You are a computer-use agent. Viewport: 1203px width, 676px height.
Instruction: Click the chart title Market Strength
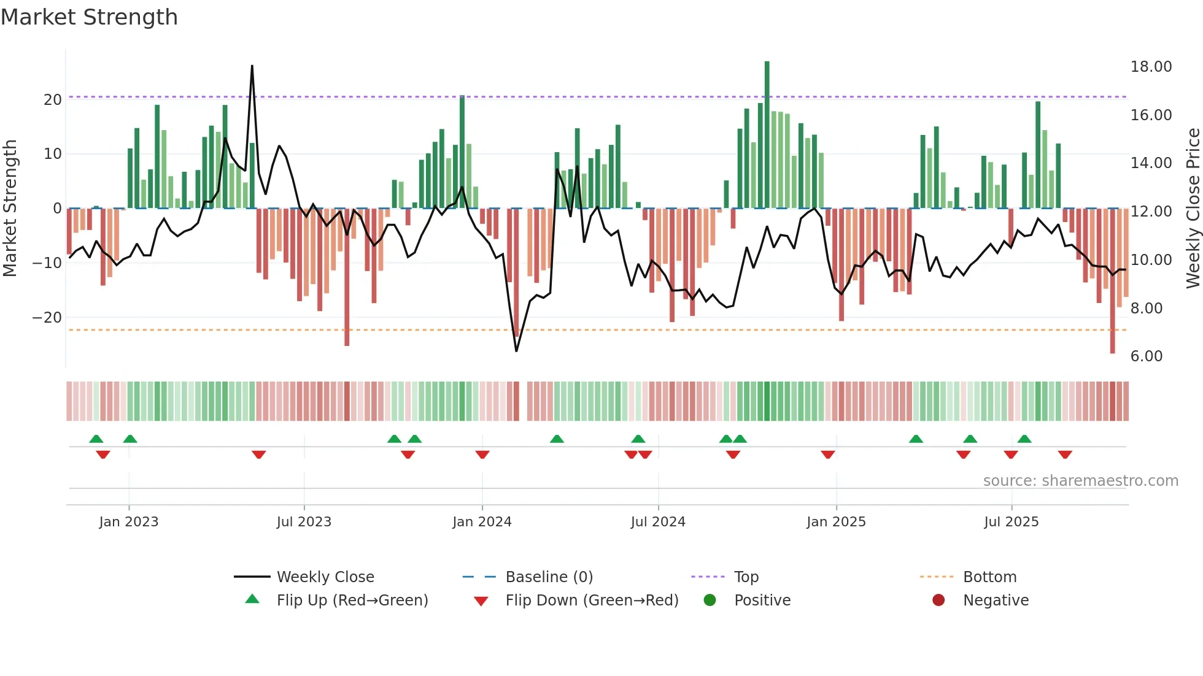tap(90, 17)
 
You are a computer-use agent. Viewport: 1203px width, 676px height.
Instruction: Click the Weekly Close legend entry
tap(325, 577)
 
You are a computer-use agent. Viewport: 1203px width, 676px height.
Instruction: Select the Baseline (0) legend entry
tap(549, 577)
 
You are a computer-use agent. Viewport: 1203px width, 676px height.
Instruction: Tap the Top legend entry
tap(746, 577)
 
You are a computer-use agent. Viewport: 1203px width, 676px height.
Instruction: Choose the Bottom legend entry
tap(989, 577)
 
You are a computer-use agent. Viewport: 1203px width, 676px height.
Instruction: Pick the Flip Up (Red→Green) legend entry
tap(352, 600)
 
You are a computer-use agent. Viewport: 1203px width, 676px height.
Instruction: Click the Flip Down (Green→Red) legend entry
tap(592, 600)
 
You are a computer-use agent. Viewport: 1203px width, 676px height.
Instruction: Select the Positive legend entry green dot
tap(710, 600)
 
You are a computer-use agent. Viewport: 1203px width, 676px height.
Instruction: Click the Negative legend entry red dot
tap(938, 600)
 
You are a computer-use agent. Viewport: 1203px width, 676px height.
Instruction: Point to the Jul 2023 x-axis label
tap(304, 522)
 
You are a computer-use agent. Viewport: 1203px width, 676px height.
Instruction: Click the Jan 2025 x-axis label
tap(836, 522)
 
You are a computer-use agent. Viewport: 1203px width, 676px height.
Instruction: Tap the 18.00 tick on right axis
tap(1151, 67)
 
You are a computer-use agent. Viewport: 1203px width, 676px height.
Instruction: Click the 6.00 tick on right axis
tap(1146, 356)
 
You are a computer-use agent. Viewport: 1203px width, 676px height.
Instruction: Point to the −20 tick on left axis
tap(47, 318)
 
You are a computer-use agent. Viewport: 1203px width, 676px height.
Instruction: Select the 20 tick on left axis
tap(53, 100)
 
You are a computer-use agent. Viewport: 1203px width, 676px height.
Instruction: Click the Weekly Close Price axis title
tap(1193, 209)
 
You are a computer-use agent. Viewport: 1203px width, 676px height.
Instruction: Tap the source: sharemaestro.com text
tap(1080, 481)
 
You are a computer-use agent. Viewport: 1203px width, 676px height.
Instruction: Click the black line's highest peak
tap(252, 66)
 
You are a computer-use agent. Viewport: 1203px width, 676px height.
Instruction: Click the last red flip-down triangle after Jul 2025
tap(1065, 455)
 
